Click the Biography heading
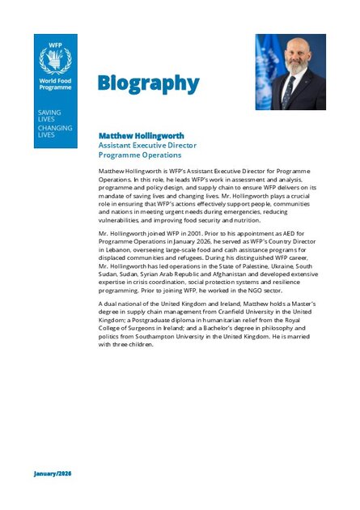tap(148, 83)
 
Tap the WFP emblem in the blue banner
tap(55, 60)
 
